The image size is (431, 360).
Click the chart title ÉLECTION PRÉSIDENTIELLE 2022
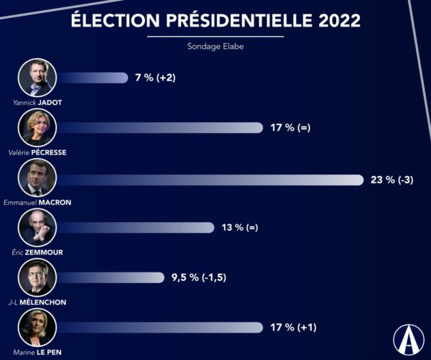[216, 20]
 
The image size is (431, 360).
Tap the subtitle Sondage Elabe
[216, 49]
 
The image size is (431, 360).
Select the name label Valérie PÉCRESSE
[38, 153]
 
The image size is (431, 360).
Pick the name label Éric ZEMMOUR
[38, 252]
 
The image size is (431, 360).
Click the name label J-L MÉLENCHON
[37, 303]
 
